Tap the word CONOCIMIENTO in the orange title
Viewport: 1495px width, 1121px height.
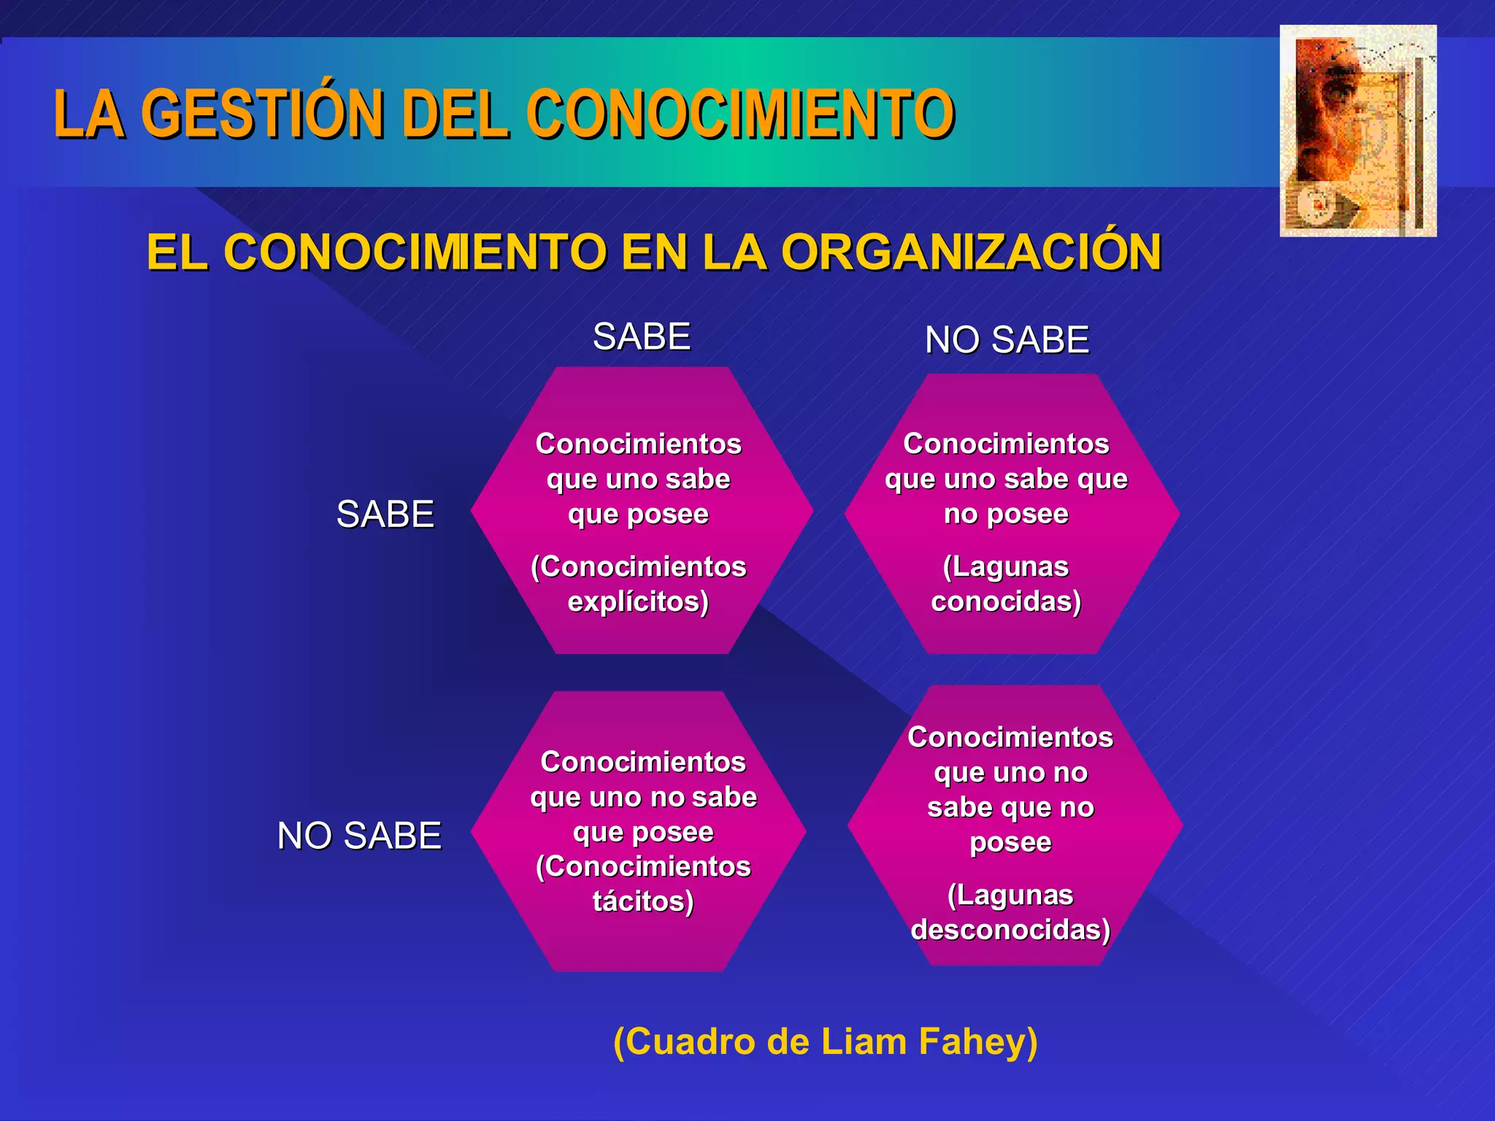coord(740,114)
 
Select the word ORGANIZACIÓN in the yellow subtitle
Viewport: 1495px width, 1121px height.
coord(971,253)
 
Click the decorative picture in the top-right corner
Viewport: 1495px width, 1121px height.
coord(1358,131)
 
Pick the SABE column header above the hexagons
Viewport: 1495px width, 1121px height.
coord(642,337)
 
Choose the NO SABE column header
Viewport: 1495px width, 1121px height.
coord(1007,340)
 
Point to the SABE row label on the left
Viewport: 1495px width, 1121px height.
coord(385,515)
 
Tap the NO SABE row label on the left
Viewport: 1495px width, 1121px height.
coord(359,836)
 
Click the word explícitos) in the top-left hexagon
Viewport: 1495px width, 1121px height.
coord(638,602)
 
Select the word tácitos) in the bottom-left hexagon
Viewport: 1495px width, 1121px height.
coord(643,901)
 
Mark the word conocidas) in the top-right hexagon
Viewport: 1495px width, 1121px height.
coord(1006,602)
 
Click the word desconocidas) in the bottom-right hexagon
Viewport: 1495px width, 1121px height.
coord(1010,931)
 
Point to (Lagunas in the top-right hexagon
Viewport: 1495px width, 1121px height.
coord(1006,567)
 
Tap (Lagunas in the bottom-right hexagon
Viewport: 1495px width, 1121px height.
coord(1010,895)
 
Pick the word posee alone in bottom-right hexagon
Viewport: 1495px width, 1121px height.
coord(1010,843)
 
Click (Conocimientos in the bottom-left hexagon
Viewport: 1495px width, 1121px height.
coord(643,867)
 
